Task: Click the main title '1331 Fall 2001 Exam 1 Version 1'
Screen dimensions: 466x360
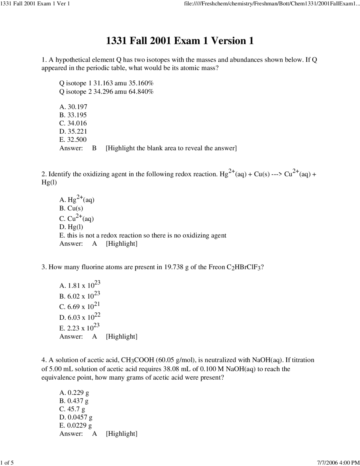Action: click(x=180, y=41)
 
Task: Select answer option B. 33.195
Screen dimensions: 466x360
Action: click(x=73, y=115)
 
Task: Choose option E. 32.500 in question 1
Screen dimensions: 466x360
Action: click(x=73, y=140)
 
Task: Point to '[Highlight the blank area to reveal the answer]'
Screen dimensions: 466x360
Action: click(x=171, y=148)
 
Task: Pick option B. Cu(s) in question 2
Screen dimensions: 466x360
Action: click(x=71, y=208)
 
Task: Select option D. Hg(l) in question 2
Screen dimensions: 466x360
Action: click(x=71, y=227)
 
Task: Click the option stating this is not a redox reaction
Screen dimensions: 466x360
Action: click(x=143, y=235)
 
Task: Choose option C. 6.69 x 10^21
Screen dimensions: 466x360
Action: click(x=80, y=306)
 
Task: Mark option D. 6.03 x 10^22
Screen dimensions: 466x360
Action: click(x=80, y=317)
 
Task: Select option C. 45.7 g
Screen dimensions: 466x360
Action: click(x=72, y=409)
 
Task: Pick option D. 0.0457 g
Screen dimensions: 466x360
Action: click(x=76, y=417)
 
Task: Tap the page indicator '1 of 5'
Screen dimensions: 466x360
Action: click(x=7, y=462)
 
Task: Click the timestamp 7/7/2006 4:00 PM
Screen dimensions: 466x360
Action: click(x=338, y=462)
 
